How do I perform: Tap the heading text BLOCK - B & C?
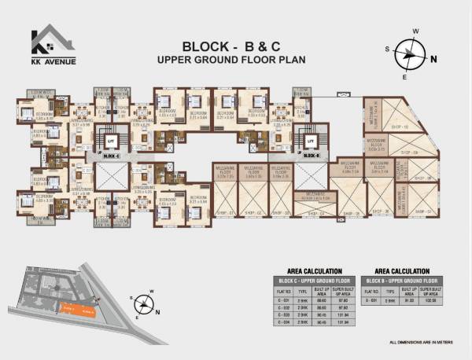tap(236, 45)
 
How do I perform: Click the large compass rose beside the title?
tap(413, 54)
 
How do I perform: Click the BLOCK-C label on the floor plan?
tap(110, 156)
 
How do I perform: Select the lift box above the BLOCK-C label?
tap(110, 140)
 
